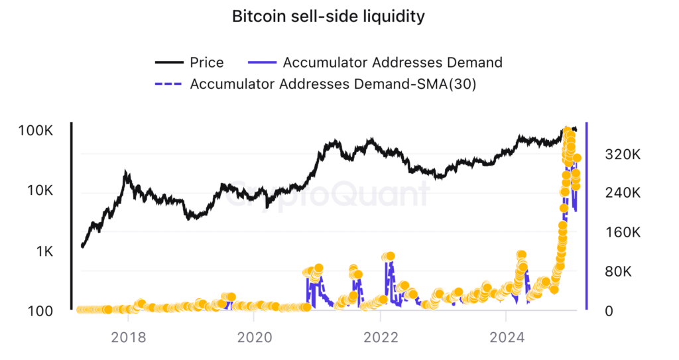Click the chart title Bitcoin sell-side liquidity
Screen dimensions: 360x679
[x=328, y=17]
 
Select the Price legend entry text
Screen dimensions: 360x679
[x=207, y=62]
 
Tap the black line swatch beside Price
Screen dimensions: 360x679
[x=169, y=62]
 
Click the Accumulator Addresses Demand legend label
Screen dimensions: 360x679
[x=393, y=62]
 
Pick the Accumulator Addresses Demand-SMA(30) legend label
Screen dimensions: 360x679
[x=333, y=84]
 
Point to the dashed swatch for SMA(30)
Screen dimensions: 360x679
[x=169, y=84]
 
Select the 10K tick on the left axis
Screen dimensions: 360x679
[x=38, y=191]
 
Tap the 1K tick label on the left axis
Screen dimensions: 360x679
[x=42, y=251]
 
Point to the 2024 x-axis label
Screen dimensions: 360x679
[x=507, y=336]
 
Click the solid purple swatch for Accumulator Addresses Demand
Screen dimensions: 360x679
[x=261, y=62]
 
